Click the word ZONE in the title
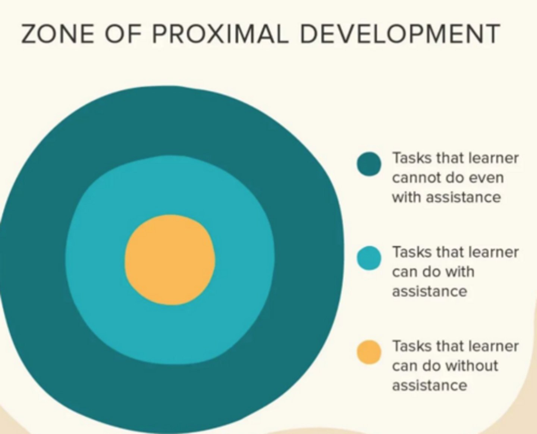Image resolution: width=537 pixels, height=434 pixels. [57, 34]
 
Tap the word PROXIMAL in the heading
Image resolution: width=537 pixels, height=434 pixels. [220, 34]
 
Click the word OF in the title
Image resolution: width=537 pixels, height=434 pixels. [123, 34]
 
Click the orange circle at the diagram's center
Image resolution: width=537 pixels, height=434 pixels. [170, 260]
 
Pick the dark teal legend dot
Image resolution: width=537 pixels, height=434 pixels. [369, 164]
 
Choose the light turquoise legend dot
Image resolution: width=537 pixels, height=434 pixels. [369, 258]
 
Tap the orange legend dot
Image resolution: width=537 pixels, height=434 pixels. [369, 352]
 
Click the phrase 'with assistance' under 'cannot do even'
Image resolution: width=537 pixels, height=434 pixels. [446, 197]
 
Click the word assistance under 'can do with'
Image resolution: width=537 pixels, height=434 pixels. [430, 291]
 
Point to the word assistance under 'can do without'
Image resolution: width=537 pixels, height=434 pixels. [430, 385]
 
